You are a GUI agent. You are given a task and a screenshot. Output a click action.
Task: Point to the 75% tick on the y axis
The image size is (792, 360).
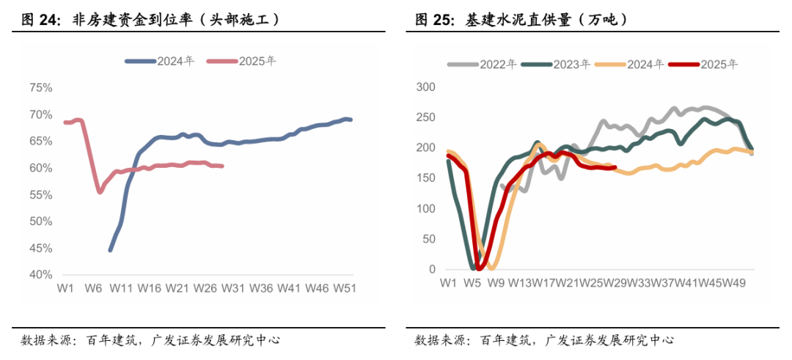tap(40, 88)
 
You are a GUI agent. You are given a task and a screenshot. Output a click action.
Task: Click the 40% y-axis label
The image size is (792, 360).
tap(40, 275)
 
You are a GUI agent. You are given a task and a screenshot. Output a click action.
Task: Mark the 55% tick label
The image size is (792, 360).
tap(40, 195)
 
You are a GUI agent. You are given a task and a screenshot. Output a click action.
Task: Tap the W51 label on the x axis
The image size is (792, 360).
tap(344, 289)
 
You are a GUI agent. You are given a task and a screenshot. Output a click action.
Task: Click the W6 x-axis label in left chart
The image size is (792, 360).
tap(93, 289)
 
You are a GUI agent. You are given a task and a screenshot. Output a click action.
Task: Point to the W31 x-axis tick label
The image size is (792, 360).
tap(233, 289)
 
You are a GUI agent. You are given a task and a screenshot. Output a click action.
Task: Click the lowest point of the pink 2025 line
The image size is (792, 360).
tap(100, 192)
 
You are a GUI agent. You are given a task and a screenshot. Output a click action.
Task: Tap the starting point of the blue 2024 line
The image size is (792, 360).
tap(110, 250)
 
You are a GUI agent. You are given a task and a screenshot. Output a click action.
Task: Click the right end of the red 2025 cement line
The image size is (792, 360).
tap(614, 167)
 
